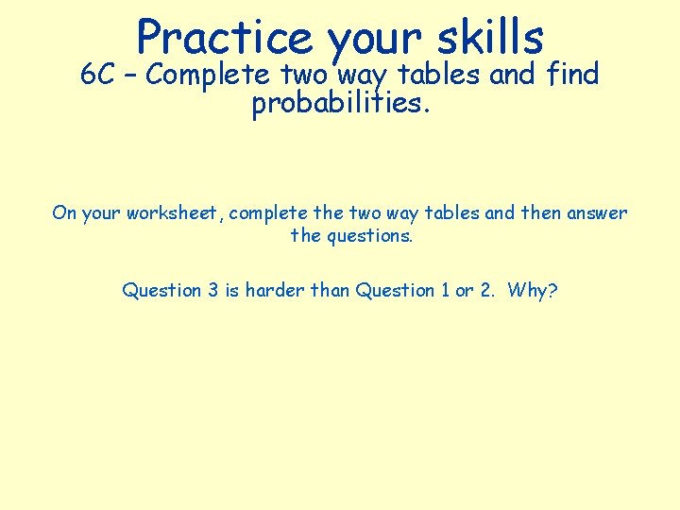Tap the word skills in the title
point(490,38)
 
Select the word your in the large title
point(374,40)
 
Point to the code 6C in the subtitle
point(97,75)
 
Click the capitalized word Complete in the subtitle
point(210,75)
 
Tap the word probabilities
point(340,105)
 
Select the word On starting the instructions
point(64,212)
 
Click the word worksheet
point(173,212)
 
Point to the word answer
point(597,212)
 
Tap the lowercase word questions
point(369,236)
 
